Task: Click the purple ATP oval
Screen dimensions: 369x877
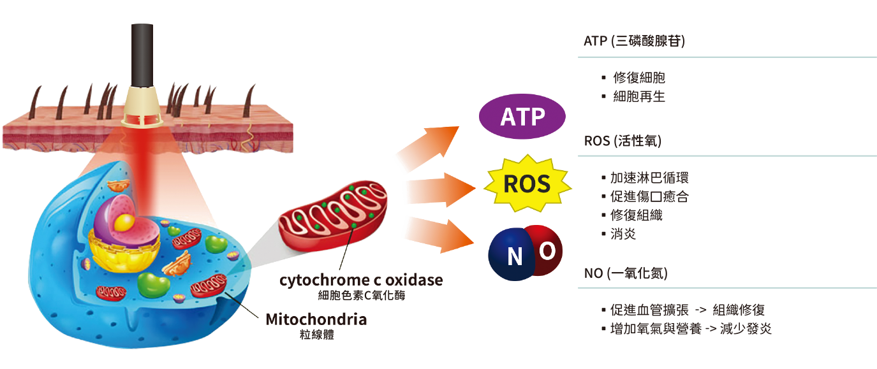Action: tap(522, 117)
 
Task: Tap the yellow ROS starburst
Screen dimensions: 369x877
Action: tap(526, 184)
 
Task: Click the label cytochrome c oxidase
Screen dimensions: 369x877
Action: tap(360, 280)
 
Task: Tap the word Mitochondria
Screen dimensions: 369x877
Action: tap(316, 319)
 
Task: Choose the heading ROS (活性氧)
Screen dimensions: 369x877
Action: tap(623, 141)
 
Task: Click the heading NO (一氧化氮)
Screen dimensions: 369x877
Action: tap(626, 274)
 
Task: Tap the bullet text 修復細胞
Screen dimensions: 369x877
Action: tap(639, 78)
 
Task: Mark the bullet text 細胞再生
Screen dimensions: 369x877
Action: tap(639, 97)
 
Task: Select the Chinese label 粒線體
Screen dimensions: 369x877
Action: tap(316, 335)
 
